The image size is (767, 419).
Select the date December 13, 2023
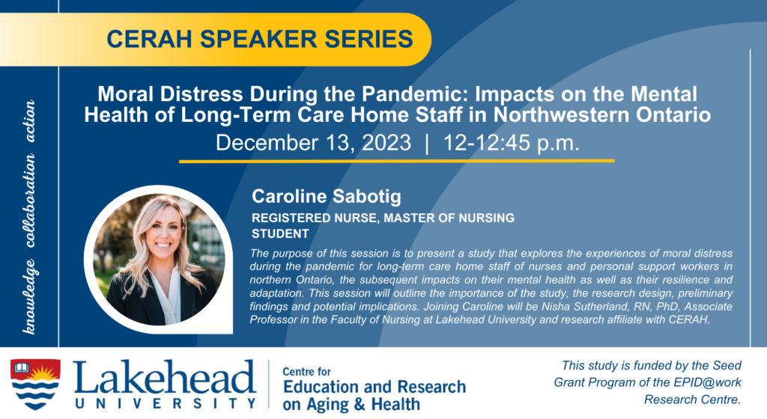pos(314,143)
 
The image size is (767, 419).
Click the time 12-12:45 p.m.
pos(511,143)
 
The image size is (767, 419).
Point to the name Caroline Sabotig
pos(327,196)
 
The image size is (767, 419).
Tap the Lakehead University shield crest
pos(35,384)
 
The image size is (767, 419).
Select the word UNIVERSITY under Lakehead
pos(166,403)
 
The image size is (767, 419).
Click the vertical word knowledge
pos(29,296)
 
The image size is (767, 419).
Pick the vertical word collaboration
pos(29,201)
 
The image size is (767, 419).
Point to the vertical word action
pos(29,121)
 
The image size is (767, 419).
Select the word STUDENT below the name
pos(280,234)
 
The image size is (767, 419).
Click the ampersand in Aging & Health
pos(360,405)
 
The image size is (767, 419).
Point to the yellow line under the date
pos(397,161)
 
